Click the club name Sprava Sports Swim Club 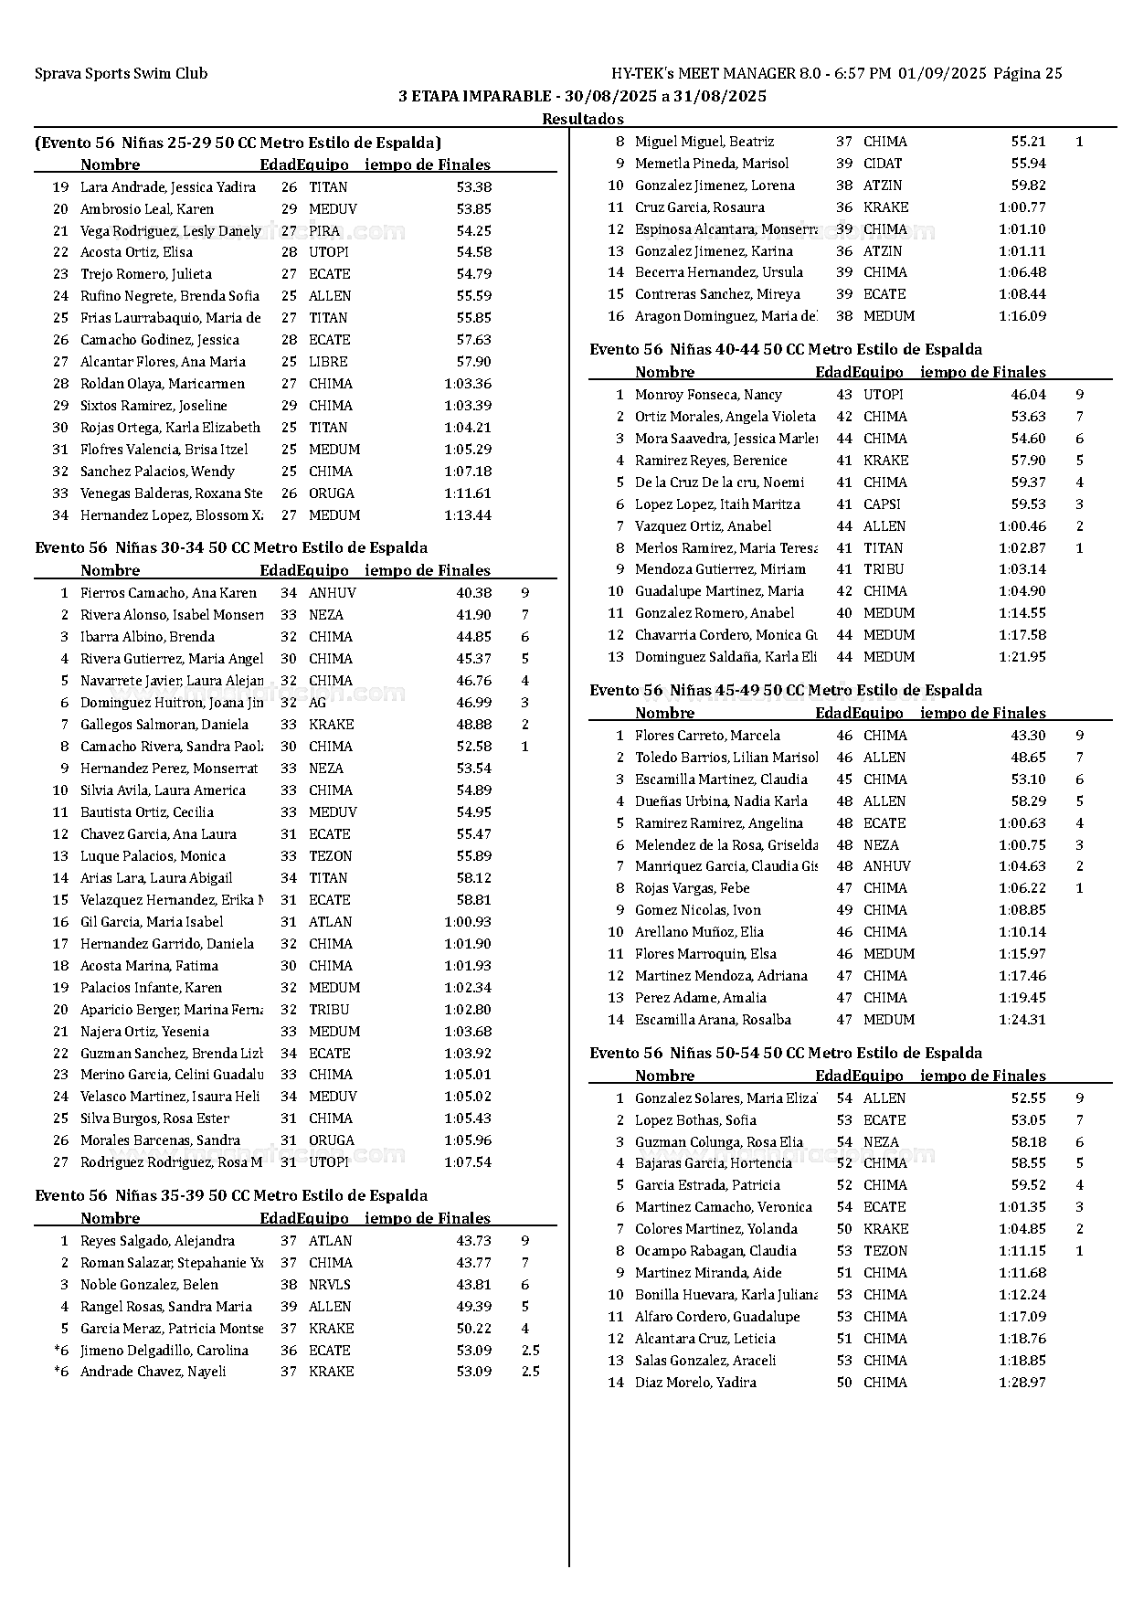point(121,74)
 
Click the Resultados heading point(582,119)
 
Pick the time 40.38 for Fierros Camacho point(473,593)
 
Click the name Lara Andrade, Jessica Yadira point(167,187)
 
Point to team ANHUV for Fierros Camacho point(332,593)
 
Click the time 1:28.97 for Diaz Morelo point(1022,1383)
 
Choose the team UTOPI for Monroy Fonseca point(883,395)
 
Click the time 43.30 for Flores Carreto point(1028,736)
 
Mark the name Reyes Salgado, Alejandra point(157,1241)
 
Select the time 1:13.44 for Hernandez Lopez point(467,515)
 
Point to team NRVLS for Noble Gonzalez point(329,1285)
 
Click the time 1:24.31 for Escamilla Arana point(1022,1020)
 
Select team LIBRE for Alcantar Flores point(327,362)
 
